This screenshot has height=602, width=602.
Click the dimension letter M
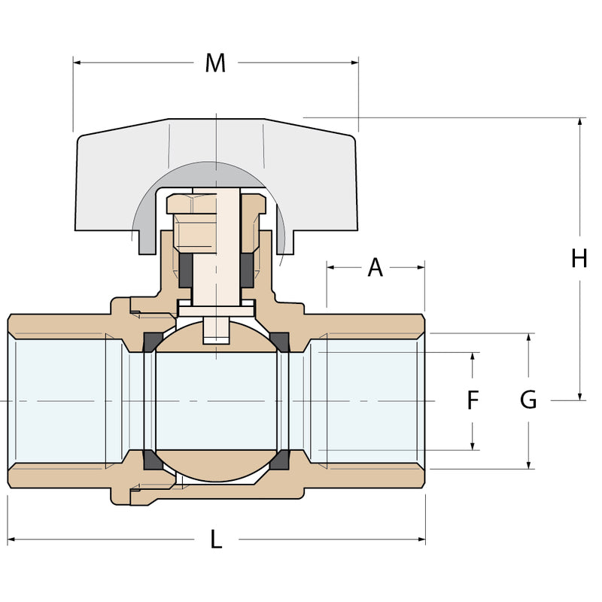(x=215, y=63)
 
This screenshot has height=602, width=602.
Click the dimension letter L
(x=216, y=539)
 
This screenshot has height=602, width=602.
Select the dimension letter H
(x=579, y=258)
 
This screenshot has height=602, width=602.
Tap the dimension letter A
(x=375, y=267)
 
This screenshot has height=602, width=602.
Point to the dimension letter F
(x=473, y=400)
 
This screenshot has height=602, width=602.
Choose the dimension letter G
(x=528, y=400)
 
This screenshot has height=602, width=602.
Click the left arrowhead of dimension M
(x=77, y=62)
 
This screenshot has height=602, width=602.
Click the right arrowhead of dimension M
(x=354, y=62)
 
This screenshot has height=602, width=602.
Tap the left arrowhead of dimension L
(x=11, y=539)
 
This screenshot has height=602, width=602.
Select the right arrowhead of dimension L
(x=421, y=539)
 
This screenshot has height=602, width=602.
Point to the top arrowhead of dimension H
(x=579, y=122)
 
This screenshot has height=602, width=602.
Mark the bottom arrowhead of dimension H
(x=579, y=397)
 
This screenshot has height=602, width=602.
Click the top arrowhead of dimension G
(x=529, y=337)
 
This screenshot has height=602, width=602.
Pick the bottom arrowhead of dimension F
(x=473, y=445)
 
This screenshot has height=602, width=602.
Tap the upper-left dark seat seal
(x=153, y=342)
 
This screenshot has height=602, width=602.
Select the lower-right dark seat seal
(x=280, y=460)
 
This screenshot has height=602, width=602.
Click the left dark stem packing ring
(x=185, y=270)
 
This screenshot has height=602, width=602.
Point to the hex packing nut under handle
(x=194, y=223)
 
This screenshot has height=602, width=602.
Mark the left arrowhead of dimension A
(x=331, y=267)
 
